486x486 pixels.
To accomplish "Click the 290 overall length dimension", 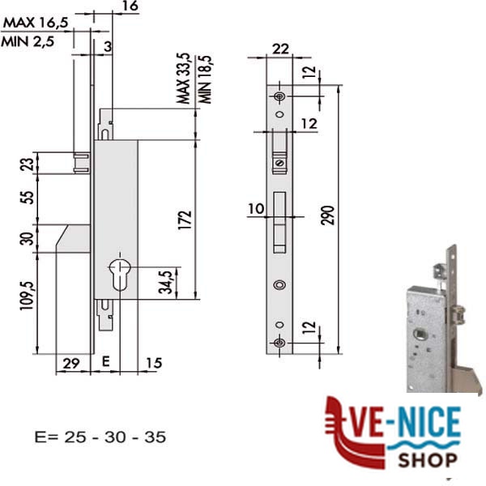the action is tap(328, 215).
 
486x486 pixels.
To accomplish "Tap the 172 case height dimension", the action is tap(185, 220).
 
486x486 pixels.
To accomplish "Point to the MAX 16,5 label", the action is tap(36, 23).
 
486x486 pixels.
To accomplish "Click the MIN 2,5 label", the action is tap(28, 41).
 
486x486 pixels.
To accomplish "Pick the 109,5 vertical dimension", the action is tap(27, 296).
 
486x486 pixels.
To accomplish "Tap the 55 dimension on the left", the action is tap(27, 198).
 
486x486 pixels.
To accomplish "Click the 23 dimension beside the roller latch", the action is tap(27, 164).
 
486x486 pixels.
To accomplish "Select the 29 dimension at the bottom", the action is tap(71, 363).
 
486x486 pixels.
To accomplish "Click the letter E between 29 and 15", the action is tap(105, 361).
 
